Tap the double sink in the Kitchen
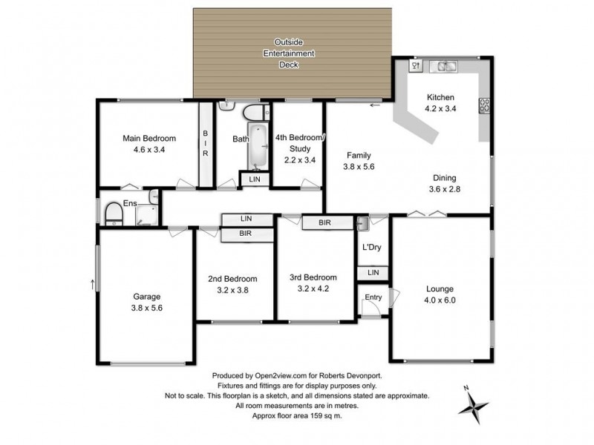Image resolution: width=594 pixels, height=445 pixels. click(446, 67)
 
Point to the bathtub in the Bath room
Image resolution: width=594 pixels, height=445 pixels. click(258, 147)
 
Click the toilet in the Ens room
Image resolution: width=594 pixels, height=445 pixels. click(114, 214)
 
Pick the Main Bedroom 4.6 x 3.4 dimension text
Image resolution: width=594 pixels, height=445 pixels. click(148, 149)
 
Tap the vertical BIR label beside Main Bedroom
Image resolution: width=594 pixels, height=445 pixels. click(206, 143)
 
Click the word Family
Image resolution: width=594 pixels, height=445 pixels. click(359, 156)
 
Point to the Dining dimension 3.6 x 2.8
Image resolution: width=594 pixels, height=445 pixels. click(445, 188)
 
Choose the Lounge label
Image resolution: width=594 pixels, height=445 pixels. click(440, 289)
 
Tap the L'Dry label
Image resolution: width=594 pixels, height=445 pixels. click(371, 247)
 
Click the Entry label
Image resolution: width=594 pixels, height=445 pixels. click(372, 298)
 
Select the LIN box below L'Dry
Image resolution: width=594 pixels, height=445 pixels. click(372, 274)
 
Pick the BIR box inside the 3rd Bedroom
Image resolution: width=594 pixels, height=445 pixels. click(324, 222)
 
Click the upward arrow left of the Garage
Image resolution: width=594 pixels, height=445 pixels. click(92, 283)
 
